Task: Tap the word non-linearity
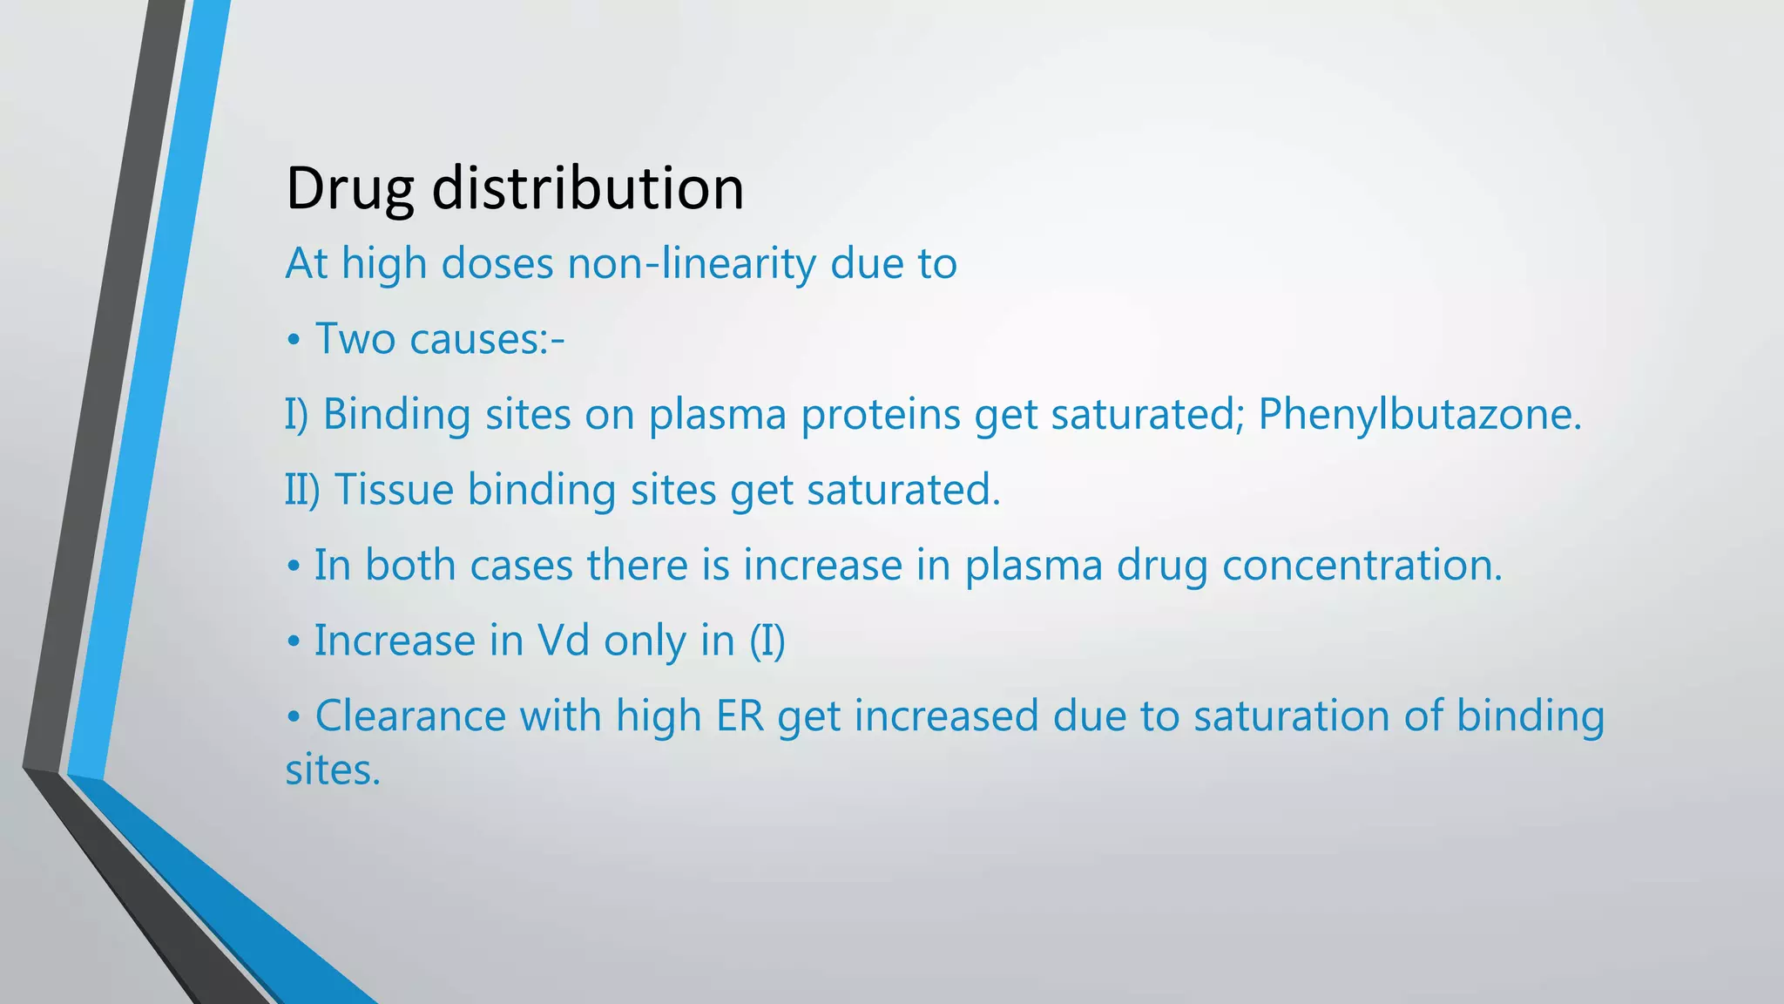tap(691, 263)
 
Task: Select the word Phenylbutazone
tap(1419, 414)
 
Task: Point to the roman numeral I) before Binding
tap(296, 414)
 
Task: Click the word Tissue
tap(394, 489)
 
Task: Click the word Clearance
tap(410, 716)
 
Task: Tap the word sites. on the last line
tap(333, 770)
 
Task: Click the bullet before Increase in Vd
tap(294, 642)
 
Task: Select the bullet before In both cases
tap(294, 566)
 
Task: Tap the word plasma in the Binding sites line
tap(717, 414)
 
